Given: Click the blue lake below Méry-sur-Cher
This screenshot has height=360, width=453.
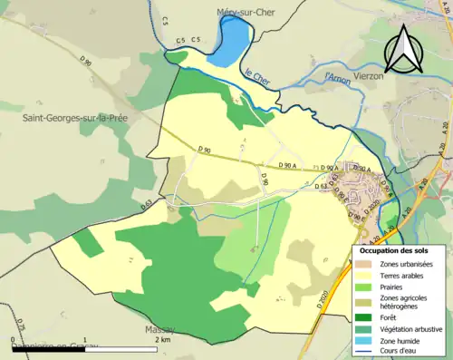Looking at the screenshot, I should [x=235, y=39].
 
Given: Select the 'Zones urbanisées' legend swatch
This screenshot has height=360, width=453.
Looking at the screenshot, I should [x=366, y=263].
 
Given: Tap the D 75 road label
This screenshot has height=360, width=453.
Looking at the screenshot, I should [x=20, y=327].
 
